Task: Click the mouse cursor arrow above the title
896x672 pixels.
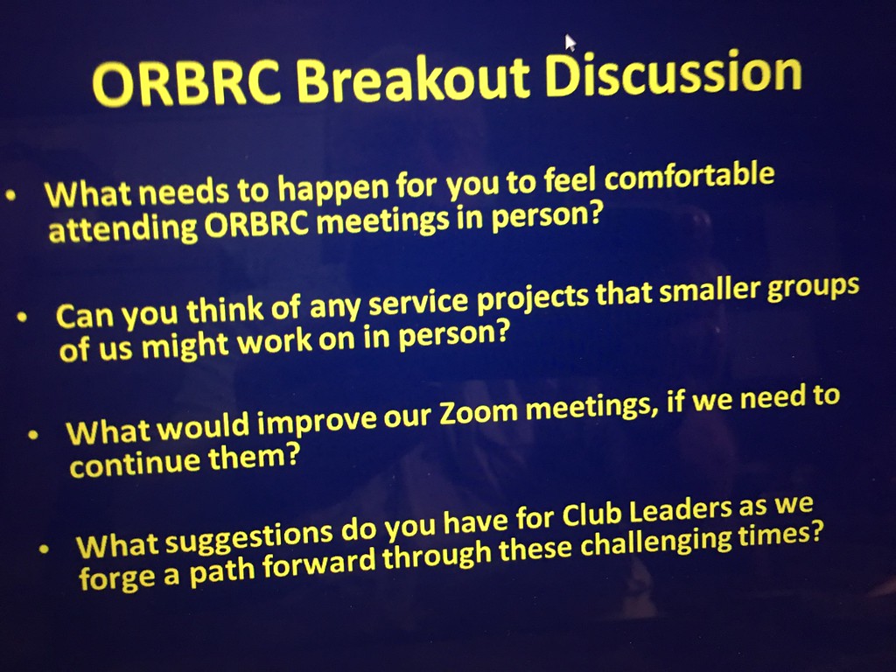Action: [x=570, y=43]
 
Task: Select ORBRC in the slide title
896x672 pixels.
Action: [x=187, y=84]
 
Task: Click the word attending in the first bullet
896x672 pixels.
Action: [x=122, y=230]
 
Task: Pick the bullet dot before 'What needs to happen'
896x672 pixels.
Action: [x=10, y=196]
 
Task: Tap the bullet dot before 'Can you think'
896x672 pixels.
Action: [x=22, y=317]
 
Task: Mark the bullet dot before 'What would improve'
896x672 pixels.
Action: [x=33, y=435]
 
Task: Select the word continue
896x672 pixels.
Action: [x=135, y=465]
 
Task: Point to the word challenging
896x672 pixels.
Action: [x=656, y=542]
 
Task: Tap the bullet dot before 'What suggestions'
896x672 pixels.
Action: [x=44, y=549]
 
